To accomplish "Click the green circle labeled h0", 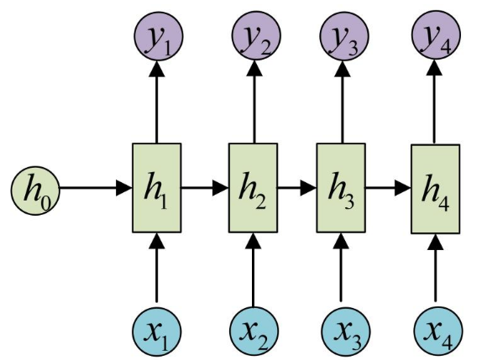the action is [x=35, y=190].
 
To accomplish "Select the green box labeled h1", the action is [x=157, y=188].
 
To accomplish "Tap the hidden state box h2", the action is [x=254, y=188].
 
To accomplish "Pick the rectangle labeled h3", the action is [x=341, y=188].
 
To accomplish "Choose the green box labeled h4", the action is [x=436, y=189].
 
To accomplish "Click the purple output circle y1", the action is [x=159, y=36].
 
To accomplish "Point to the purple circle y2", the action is [x=256, y=35].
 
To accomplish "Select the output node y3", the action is [x=344, y=35].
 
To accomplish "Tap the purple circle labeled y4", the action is [x=436, y=34].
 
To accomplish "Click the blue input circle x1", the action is [x=157, y=331].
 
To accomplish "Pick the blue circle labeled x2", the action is [x=254, y=331].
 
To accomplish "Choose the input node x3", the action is [x=346, y=331].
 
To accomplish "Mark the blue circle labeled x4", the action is [x=438, y=331].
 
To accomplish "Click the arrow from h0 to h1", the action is [x=96, y=188].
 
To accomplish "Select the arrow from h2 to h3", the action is [x=297, y=188].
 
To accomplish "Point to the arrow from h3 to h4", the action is [x=388, y=188].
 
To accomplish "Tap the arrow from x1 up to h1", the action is [x=157, y=268].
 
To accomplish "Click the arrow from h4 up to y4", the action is [x=434, y=102].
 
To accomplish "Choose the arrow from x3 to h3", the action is [x=341, y=267].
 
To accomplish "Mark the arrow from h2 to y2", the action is [x=254, y=102].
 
